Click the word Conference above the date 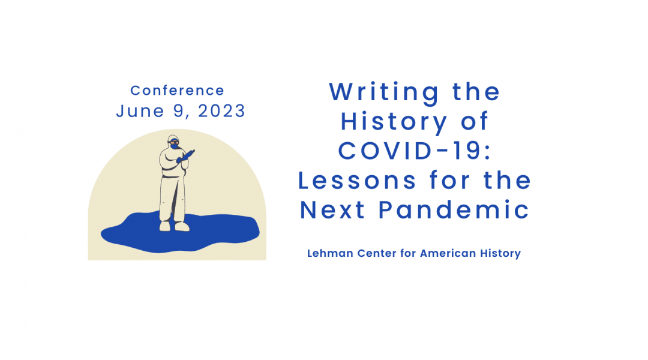point(177,91)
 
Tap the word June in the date point(140,111)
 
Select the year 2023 point(221,111)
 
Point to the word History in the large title point(394,122)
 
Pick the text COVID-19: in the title point(415,151)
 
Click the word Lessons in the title point(357,181)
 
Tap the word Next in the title point(332,210)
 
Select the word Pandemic point(454,210)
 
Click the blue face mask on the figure point(175,145)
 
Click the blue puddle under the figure point(180,233)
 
